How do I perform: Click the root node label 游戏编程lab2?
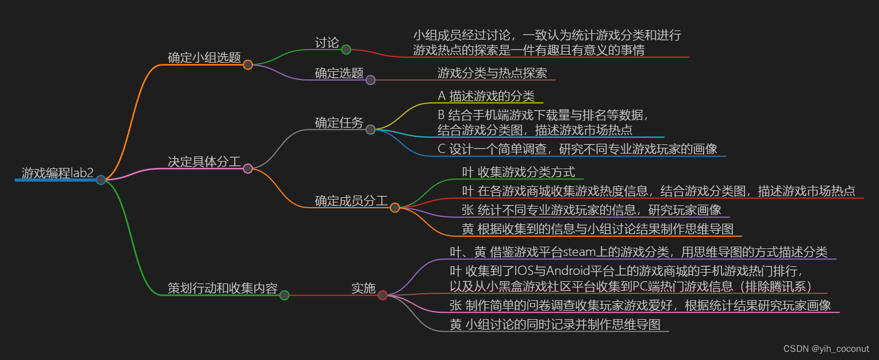(x=57, y=173)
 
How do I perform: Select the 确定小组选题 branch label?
(x=204, y=58)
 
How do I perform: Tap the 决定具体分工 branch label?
(x=204, y=162)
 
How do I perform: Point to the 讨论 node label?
(x=327, y=43)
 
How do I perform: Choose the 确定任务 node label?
(x=339, y=122)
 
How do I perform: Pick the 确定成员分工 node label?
(x=351, y=201)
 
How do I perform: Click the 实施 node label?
(x=363, y=288)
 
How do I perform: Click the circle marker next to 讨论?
(x=346, y=49)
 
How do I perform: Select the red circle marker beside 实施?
(x=383, y=295)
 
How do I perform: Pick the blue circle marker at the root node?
(x=101, y=180)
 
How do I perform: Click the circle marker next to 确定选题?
(x=371, y=80)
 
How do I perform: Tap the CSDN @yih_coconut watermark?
(x=826, y=348)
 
